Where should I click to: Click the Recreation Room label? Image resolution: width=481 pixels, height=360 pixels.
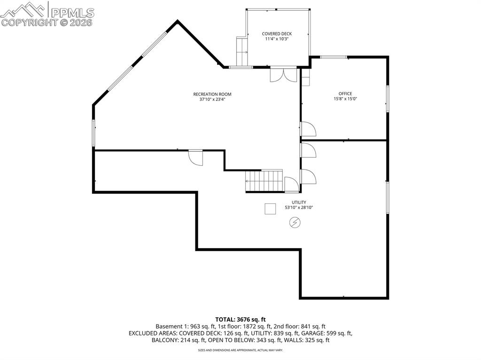pyautogui.click(x=212, y=94)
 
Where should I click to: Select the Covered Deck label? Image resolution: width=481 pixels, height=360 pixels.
pyautogui.click(x=277, y=34)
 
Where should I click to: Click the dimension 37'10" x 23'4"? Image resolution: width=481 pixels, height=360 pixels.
pyautogui.click(x=212, y=99)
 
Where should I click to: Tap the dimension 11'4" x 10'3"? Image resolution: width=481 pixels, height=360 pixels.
pyautogui.click(x=277, y=39)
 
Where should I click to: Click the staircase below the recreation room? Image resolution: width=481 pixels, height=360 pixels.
pyautogui.click(x=264, y=181)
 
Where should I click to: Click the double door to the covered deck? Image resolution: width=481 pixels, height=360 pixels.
pyautogui.click(x=283, y=75)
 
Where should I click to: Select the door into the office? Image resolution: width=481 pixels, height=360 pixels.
pyautogui.click(x=308, y=130)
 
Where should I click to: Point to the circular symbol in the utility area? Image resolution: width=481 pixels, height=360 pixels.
pyautogui.click(x=295, y=222)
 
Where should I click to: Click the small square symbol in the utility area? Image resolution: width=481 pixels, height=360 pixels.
pyautogui.click(x=270, y=208)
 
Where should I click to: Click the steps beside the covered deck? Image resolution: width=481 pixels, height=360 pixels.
pyautogui.click(x=242, y=52)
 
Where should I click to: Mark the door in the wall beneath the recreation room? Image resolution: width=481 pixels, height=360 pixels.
pyautogui.click(x=195, y=157)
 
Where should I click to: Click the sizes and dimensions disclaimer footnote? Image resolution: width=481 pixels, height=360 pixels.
pyautogui.click(x=240, y=350)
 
